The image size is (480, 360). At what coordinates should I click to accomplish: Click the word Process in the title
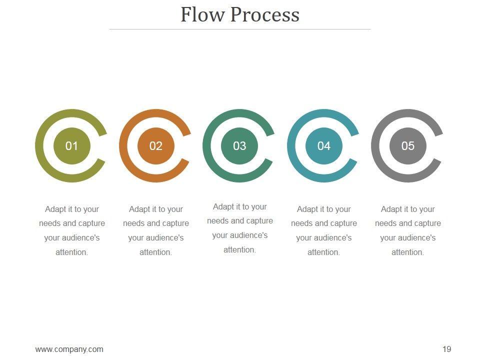pyautogui.click(x=264, y=15)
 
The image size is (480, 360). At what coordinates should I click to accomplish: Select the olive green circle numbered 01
pyautogui.click(x=72, y=145)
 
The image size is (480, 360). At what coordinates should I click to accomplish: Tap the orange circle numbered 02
pyautogui.click(x=156, y=145)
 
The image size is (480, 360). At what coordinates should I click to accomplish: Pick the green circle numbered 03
pyautogui.click(x=239, y=145)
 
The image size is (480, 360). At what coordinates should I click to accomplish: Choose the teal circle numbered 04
pyautogui.click(x=324, y=145)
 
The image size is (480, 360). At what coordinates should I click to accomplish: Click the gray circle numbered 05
pyautogui.click(x=408, y=145)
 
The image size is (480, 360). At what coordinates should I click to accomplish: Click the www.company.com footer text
pyautogui.click(x=69, y=349)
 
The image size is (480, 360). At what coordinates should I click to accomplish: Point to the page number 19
pyautogui.click(x=447, y=349)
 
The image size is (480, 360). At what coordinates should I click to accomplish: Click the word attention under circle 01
pyautogui.click(x=71, y=252)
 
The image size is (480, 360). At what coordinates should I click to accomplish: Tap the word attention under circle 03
pyautogui.click(x=239, y=250)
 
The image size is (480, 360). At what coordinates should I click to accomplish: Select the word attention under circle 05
pyautogui.click(x=407, y=252)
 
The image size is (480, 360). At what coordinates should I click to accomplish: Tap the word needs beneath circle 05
pyautogui.click(x=386, y=223)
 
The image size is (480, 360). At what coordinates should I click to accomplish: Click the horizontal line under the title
pyautogui.click(x=240, y=29)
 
